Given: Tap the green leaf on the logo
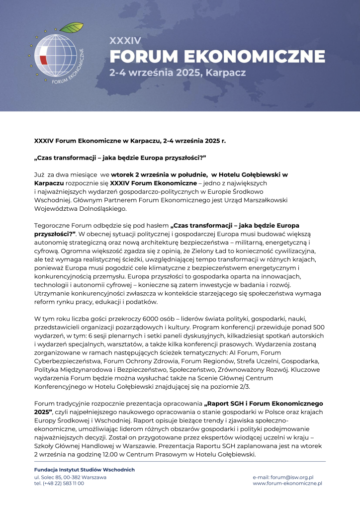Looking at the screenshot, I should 75,26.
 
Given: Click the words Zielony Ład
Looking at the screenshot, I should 231,252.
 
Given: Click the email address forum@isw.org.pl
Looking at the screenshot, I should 287,477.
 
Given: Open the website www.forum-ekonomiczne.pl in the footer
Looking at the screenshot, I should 287,483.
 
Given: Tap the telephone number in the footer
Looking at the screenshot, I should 59,483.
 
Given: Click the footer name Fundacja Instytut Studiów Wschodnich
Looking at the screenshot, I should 84,470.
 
